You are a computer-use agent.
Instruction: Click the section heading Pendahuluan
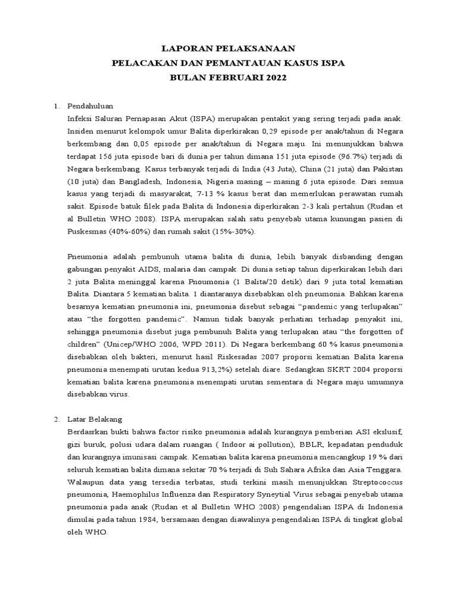pos(90,106)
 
